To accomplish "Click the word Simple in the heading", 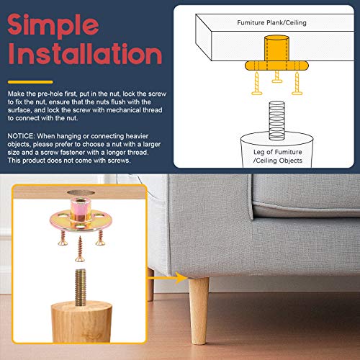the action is tap(53, 25).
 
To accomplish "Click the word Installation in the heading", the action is tap(85, 53).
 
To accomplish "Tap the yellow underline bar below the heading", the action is tap(30, 82).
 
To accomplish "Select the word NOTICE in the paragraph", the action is tap(22, 136).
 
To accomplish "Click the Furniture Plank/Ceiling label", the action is tap(271, 23).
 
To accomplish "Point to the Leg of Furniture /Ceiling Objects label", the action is tap(278, 156).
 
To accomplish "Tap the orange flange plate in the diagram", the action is tap(276, 66).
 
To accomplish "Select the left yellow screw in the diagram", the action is tap(257, 84).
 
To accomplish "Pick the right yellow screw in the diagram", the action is tap(297, 84).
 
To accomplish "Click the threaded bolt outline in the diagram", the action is tap(276, 120).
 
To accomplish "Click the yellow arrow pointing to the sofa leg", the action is tap(167, 278).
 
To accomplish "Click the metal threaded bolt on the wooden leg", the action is tap(81, 287).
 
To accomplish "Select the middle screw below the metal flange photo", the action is tap(79, 248).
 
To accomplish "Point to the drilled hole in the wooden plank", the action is tap(81, 193).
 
